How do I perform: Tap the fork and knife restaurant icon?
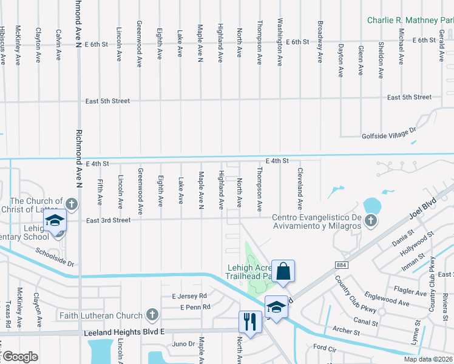(x=250, y=322)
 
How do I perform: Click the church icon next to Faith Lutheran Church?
(x=152, y=315)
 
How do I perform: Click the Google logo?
(x=19, y=357)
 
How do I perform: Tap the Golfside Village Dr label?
(x=388, y=130)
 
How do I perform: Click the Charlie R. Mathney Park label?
(x=410, y=20)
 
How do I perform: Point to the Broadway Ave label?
(x=320, y=42)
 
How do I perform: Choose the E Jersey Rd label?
(x=189, y=296)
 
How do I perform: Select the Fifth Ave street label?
(x=100, y=190)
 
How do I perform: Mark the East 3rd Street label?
(x=108, y=220)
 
